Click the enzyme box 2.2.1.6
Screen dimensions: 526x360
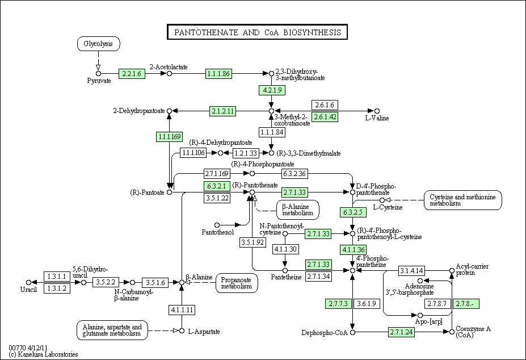click(132, 74)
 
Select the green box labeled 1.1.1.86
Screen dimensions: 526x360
click(218, 74)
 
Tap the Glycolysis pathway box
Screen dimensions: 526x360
click(99, 44)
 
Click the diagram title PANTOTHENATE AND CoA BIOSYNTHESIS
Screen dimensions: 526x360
click(257, 32)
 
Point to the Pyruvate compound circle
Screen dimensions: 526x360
click(98, 74)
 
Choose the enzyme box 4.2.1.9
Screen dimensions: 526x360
click(272, 90)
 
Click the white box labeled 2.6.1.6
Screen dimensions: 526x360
click(325, 105)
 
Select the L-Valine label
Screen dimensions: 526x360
click(377, 118)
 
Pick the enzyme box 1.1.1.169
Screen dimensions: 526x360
click(170, 137)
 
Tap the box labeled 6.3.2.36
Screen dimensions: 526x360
click(294, 174)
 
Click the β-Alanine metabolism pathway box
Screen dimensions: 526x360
click(298, 210)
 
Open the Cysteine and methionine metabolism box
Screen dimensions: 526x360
click(463, 200)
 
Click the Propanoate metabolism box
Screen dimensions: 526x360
click(237, 283)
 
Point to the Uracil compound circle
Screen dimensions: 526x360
click(28, 282)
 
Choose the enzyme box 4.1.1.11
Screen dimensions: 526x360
click(182, 309)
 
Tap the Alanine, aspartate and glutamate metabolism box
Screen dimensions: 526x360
click(112, 330)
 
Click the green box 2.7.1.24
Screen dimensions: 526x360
click(402, 332)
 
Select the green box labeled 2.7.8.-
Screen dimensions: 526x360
click(466, 304)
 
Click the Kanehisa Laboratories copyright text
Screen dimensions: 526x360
click(43, 354)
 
